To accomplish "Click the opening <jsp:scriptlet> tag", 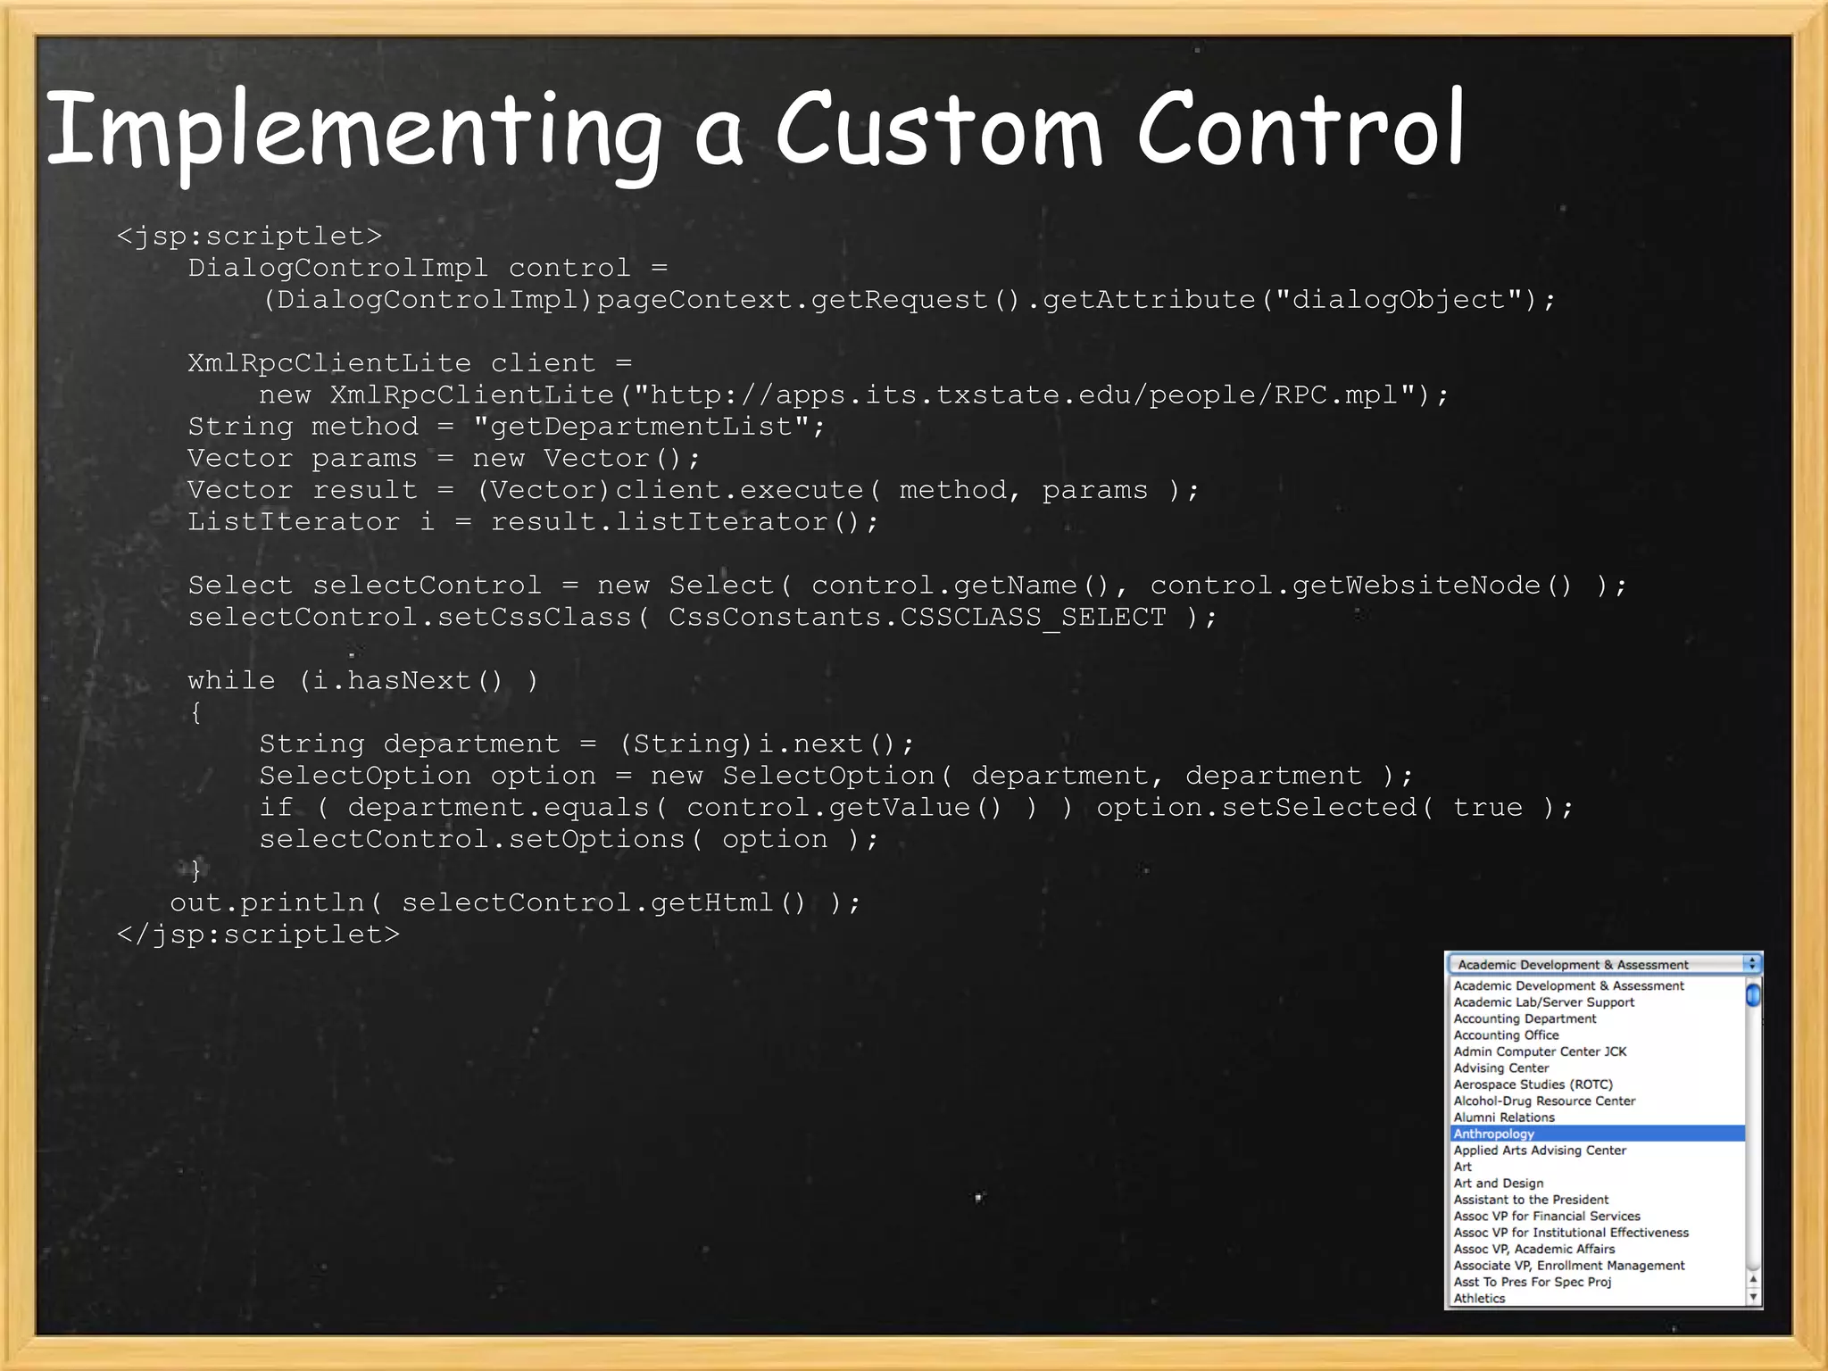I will (x=249, y=237).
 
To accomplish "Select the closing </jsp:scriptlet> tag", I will (x=258, y=935).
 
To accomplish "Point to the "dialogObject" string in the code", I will (x=1398, y=300).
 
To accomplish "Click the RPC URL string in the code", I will (x=1024, y=395).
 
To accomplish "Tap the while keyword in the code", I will (x=231, y=681).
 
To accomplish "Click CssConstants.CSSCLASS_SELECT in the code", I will (x=917, y=618).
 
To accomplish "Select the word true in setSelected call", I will (x=1487, y=808).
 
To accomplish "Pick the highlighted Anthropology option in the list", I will (x=1494, y=1134).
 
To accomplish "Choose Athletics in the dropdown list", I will (x=1479, y=1299).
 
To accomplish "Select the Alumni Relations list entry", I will (x=1504, y=1118).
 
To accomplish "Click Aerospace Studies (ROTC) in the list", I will (x=1533, y=1084).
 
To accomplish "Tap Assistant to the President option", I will (x=1531, y=1200).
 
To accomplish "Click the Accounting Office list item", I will (x=1506, y=1035).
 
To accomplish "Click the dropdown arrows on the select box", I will (x=1752, y=964).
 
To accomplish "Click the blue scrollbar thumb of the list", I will (x=1753, y=993).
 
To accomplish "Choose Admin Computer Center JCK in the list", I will (x=1540, y=1051).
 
